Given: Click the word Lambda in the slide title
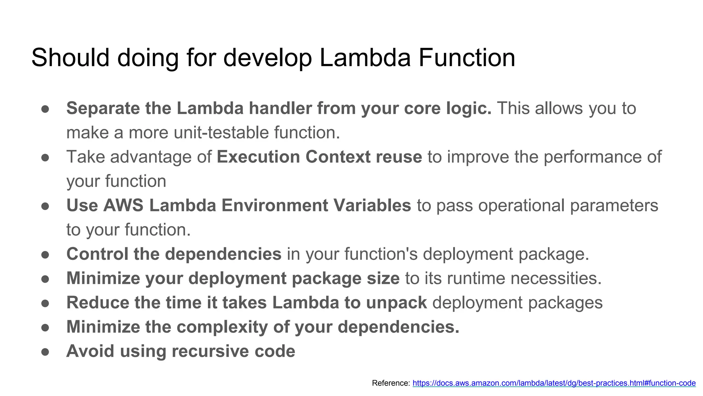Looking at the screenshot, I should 365,57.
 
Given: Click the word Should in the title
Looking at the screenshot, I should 70,57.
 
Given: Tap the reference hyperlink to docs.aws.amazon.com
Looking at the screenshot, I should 554,383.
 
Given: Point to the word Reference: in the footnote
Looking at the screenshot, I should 391,383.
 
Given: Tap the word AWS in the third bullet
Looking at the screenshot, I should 123,206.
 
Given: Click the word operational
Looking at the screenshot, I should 521,206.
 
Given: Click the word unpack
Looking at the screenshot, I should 396,303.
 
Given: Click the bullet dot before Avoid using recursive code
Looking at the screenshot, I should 45,352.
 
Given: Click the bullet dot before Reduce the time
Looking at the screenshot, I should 45,303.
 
